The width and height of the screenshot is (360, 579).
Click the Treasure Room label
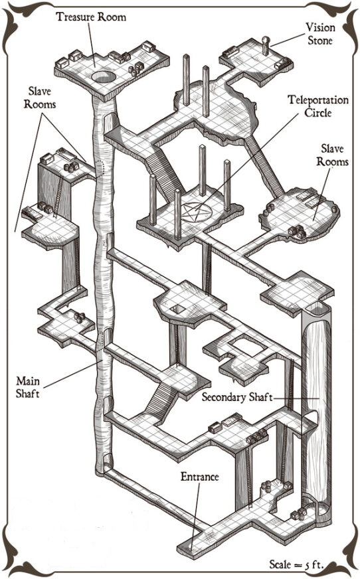point(91,17)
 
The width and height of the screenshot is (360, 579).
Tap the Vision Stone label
point(320,34)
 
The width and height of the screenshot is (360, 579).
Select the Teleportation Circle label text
point(318,106)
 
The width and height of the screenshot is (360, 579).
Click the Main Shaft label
point(27,387)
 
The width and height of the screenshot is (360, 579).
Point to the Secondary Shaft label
point(237,397)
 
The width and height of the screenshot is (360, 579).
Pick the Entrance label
point(199,477)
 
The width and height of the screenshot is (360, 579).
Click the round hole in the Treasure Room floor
point(104,77)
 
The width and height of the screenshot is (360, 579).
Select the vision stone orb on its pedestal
point(266,40)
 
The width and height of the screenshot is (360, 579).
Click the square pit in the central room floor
point(178,309)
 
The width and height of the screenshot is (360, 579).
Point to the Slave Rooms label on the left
point(40,98)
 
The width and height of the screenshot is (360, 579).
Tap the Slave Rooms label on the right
point(332,155)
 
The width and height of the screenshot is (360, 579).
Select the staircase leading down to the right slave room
point(264,166)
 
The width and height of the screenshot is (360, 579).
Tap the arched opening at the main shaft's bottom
point(108,461)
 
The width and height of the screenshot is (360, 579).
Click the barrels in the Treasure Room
point(136,69)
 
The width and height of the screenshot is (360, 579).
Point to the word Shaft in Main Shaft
point(27,393)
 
